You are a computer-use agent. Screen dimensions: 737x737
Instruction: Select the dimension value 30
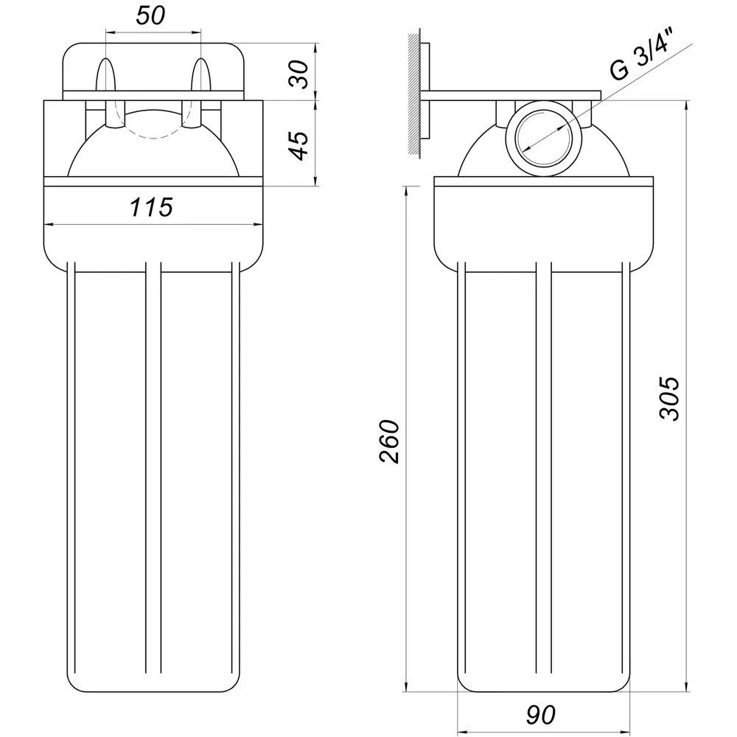pos(299,74)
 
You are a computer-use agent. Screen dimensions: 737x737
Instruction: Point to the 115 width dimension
pos(151,207)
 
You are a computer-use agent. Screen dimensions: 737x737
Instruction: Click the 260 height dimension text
pos(389,441)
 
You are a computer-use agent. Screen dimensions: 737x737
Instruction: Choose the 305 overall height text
pos(669,398)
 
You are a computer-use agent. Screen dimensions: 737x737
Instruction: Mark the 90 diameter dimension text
pos(540,715)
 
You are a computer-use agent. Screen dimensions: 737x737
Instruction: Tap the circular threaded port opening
pos(543,139)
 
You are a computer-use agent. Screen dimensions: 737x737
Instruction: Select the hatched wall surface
pos(413,94)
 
